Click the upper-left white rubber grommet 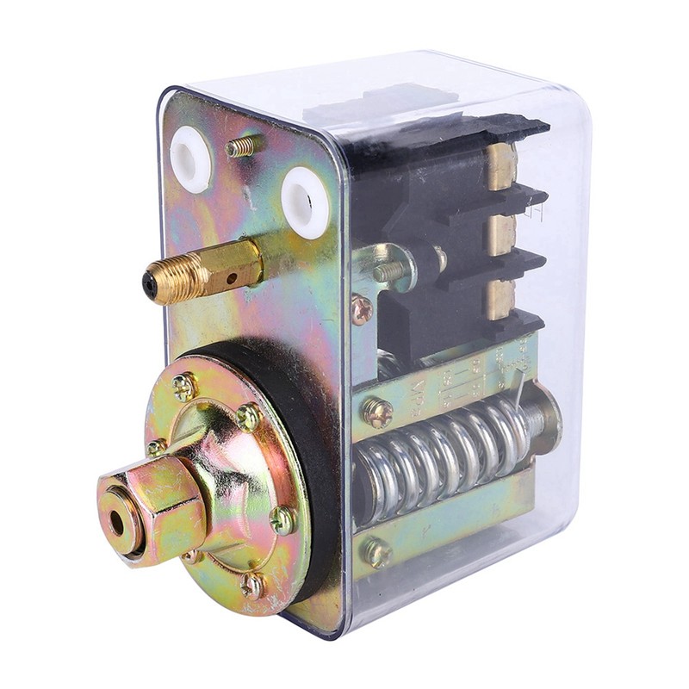point(191,158)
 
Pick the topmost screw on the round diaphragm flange point(183,385)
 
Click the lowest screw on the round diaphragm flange point(251,586)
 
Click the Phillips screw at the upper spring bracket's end point(376,412)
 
